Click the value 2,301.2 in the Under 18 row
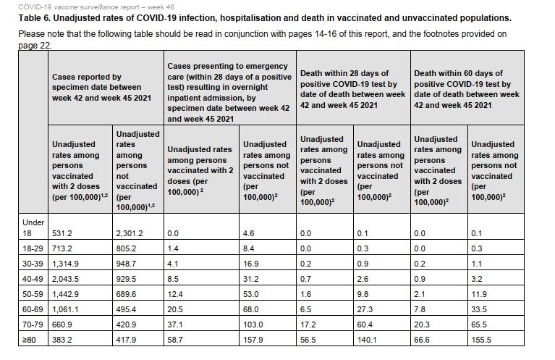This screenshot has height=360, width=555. [x=131, y=233]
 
